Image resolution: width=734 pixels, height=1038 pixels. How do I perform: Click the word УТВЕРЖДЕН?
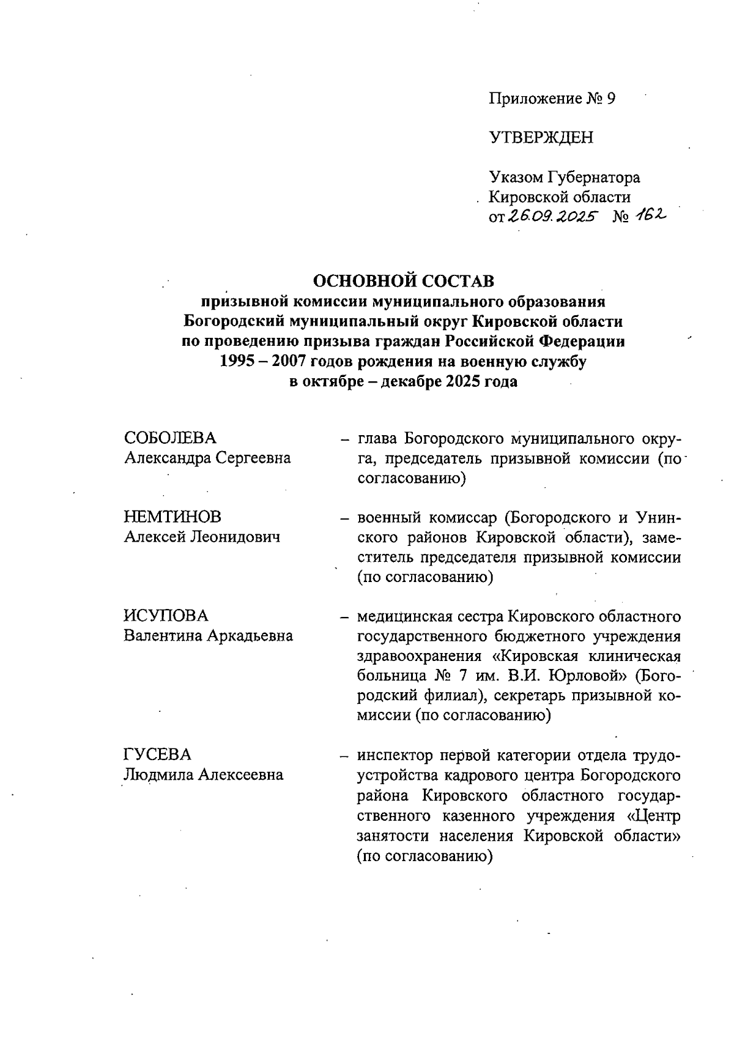coord(541,138)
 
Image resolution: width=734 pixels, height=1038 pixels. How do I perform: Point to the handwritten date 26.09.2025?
coord(552,217)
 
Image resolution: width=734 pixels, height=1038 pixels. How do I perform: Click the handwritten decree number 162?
coord(650,215)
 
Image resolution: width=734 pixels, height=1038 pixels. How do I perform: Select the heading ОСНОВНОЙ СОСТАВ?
coord(403,282)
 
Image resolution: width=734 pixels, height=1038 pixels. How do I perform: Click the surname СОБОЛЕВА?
coord(170,438)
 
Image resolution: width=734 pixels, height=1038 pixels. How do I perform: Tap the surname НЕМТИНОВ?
coord(172,517)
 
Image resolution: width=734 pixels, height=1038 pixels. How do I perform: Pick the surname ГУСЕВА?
coord(157,755)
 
